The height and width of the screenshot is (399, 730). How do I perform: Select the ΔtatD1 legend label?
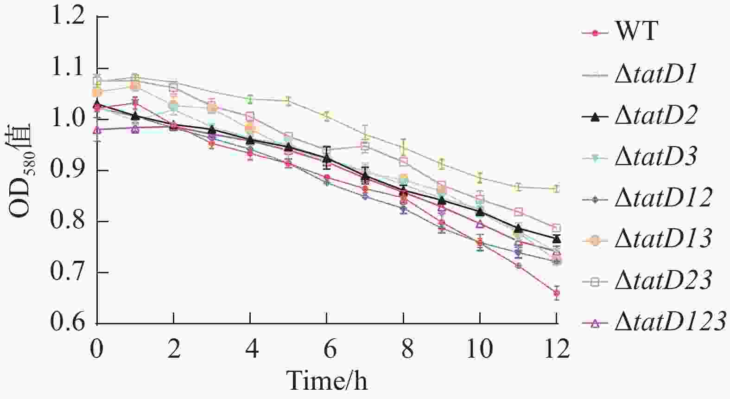coord(655,74)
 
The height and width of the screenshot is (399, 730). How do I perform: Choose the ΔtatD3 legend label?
coord(655,157)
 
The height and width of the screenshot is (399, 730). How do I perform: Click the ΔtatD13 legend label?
coord(663,239)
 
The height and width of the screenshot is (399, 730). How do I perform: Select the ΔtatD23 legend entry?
coord(663,280)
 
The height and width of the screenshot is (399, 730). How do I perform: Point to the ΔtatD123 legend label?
coord(670,322)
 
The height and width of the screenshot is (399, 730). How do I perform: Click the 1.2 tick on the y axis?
coord(68,18)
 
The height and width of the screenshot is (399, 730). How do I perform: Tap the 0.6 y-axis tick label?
coord(68,323)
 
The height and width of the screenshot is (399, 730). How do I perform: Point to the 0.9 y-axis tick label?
coord(68,171)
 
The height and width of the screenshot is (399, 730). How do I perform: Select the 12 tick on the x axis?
coord(556,349)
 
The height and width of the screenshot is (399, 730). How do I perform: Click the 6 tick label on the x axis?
coord(327,349)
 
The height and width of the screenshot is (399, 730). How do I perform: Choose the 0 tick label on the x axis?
coord(97,349)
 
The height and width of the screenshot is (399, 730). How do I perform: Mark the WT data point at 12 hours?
coord(557,293)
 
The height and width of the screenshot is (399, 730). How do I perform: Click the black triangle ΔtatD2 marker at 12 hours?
coord(557,239)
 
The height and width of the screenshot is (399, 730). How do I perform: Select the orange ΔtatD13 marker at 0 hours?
coord(97,92)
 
